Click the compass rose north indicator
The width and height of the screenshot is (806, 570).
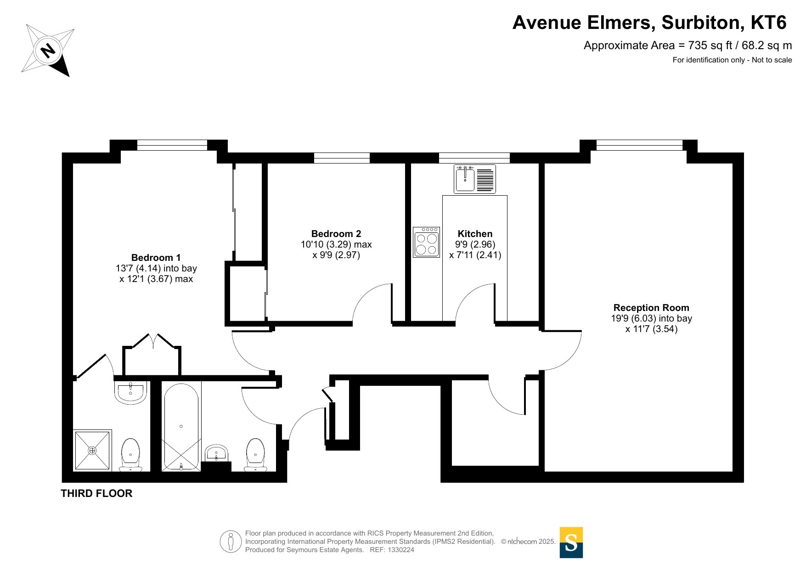point(48,50)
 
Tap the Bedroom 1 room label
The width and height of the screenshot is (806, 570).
point(156,258)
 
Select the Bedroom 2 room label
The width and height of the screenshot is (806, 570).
point(336,234)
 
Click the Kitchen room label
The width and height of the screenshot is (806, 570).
point(475,234)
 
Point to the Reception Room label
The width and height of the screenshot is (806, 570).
point(651,308)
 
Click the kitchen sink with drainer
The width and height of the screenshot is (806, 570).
point(475,179)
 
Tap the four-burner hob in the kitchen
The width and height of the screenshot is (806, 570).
point(426,242)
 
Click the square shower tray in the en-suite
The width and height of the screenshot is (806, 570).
point(92,451)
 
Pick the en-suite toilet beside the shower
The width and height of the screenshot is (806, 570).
point(130,455)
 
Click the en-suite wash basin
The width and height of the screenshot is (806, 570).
point(131,392)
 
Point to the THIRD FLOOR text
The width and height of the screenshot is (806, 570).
point(96,493)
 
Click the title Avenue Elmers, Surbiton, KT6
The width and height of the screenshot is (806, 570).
point(649,23)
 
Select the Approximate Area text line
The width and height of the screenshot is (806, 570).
point(688,45)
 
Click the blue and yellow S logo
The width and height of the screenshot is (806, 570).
point(571,542)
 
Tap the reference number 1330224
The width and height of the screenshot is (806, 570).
point(401,550)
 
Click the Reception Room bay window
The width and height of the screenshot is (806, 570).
point(639,145)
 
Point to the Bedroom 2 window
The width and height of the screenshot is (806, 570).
point(342,158)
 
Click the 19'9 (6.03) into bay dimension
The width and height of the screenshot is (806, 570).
point(651,318)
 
